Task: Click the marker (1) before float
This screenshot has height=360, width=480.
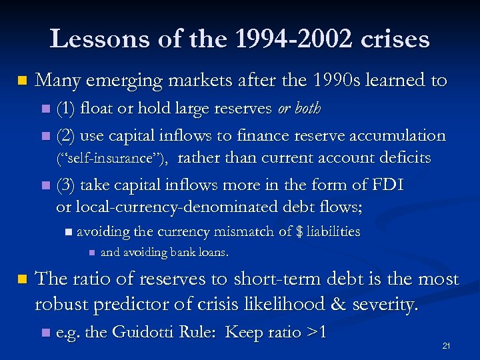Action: (65, 108)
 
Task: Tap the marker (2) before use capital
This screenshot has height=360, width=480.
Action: (65, 135)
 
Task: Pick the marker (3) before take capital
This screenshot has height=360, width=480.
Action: (65, 185)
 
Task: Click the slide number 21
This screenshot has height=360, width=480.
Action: (447, 346)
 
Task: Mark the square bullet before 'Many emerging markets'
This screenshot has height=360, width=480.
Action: (22, 81)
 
